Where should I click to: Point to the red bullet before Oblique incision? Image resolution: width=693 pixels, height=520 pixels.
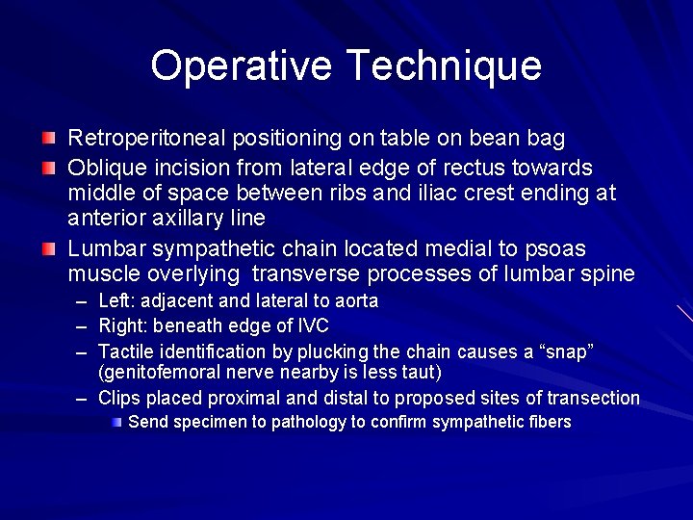click(x=48, y=168)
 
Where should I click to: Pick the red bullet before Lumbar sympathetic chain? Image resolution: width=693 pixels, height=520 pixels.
click(x=48, y=249)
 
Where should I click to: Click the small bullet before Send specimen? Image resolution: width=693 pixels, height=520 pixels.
click(x=116, y=422)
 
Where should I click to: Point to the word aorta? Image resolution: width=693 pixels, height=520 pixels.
click(x=355, y=301)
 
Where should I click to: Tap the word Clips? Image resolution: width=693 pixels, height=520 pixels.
click(x=119, y=398)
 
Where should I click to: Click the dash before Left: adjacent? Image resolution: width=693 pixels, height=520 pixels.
click(x=85, y=301)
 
